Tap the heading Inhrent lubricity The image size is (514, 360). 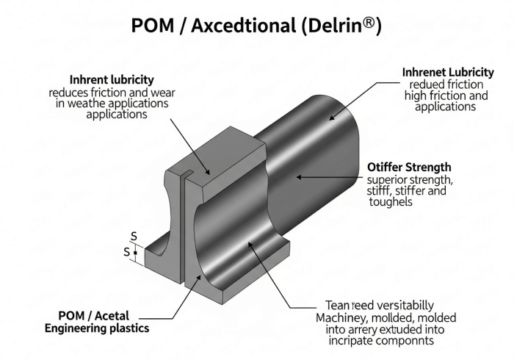[x=112, y=79]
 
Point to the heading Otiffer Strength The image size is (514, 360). [x=408, y=168]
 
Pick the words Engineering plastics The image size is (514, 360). [x=97, y=328]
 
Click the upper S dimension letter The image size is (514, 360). [x=134, y=236]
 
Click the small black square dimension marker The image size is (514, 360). [x=136, y=252]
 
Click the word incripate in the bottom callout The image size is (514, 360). [x=342, y=342]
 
